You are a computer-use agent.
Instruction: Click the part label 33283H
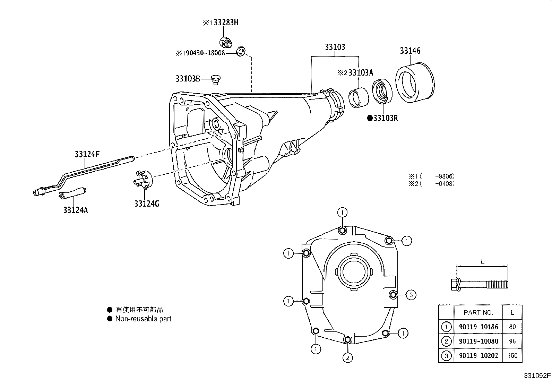tap(226, 23)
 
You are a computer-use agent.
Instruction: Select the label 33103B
tap(188, 79)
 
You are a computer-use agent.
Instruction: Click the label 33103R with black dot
tap(382, 118)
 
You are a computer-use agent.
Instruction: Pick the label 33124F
tap(87, 154)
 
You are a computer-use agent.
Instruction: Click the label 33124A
tap(75, 210)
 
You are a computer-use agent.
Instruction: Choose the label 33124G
tap(147, 204)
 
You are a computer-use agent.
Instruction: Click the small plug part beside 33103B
tap(216, 80)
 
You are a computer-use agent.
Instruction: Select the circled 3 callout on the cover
tap(411, 295)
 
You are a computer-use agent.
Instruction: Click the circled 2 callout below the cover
tap(347, 357)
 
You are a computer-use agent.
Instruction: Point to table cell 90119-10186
tap(478, 327)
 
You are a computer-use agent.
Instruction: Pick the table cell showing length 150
tap(512, 355)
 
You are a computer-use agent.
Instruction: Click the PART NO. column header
tap(478, 312)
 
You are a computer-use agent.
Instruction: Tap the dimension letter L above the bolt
tap(482, 262)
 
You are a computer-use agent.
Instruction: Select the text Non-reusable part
tap(143, 319)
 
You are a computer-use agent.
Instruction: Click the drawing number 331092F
tap(537, 375)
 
